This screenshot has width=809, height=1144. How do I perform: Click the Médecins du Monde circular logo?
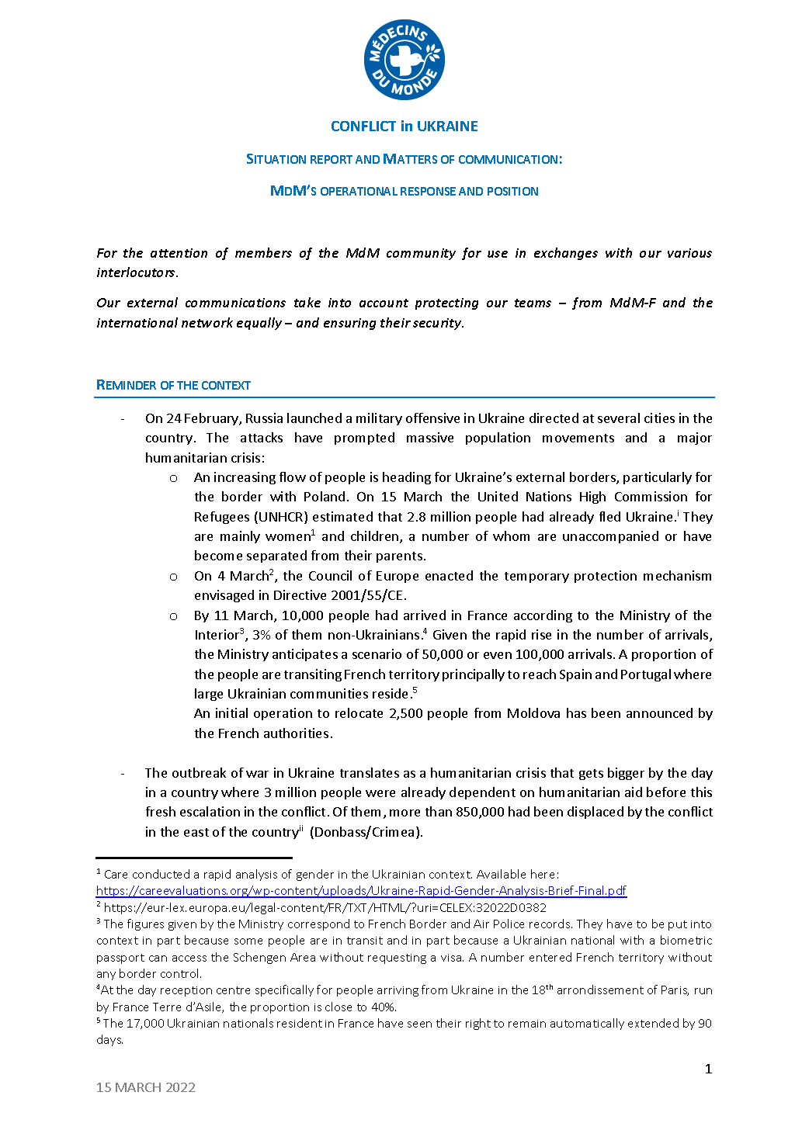pos(404,60)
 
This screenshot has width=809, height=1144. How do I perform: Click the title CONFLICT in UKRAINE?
pos(404,127)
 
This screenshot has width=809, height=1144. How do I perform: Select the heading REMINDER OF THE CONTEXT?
pos(173,385)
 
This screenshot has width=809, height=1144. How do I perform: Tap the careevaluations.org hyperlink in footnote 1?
pos(361,891)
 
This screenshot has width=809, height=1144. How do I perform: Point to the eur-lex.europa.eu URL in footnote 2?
pos(325,907)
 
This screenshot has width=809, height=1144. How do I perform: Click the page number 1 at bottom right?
pos(708,1069)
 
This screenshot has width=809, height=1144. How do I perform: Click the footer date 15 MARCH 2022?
pos(145,1087)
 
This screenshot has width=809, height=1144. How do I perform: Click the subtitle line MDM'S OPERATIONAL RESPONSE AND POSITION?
pos(404,191)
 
